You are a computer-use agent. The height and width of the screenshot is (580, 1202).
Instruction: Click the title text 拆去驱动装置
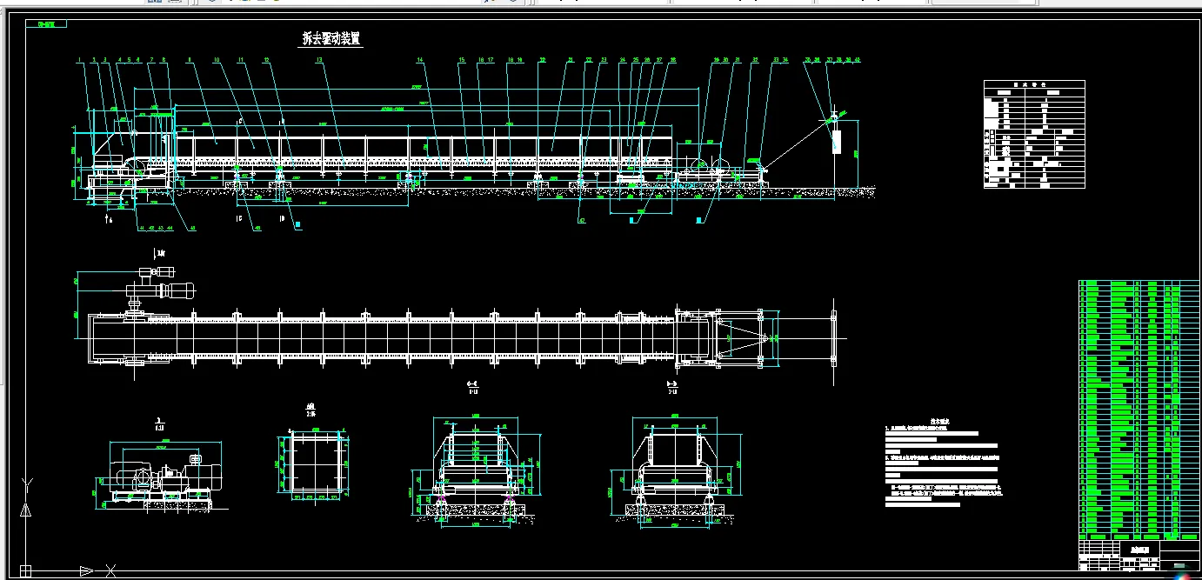pos(331,39)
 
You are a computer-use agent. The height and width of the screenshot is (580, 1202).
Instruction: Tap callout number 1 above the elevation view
pos(78,60)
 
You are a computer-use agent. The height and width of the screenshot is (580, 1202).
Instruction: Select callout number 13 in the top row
pos(319,60)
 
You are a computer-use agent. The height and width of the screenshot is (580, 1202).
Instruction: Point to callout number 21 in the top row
pos(571,60)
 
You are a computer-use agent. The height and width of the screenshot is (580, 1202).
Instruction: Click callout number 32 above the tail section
pos(754,60)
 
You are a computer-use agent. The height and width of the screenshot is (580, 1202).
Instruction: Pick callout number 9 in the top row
pos(190,60)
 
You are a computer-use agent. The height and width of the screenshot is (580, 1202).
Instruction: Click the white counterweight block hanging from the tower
pos(837,141)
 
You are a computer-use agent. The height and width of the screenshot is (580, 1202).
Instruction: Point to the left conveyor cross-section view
pos(474,474)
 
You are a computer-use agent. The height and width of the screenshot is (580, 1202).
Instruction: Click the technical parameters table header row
pos(1034,84)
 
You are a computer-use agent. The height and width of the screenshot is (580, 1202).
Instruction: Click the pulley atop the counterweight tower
pos(833,116)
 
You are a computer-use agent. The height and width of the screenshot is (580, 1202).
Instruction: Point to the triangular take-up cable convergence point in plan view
pos(765,337)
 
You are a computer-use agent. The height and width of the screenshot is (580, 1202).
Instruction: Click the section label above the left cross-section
pos(472,384)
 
